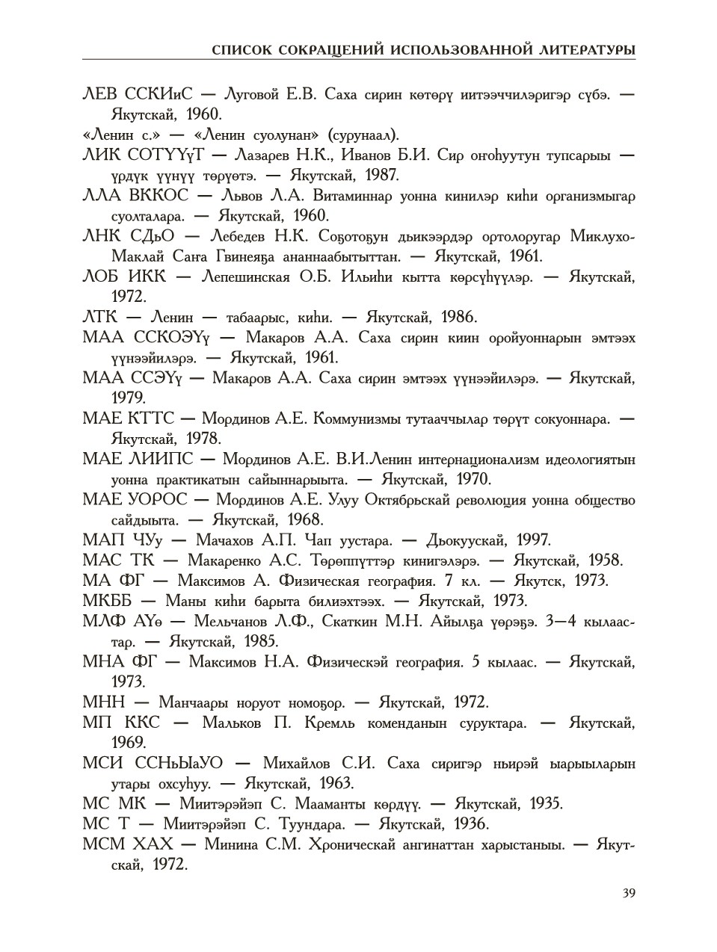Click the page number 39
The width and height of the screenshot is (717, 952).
628,893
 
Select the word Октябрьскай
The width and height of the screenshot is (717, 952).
410,500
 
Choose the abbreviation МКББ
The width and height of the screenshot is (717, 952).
110,601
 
